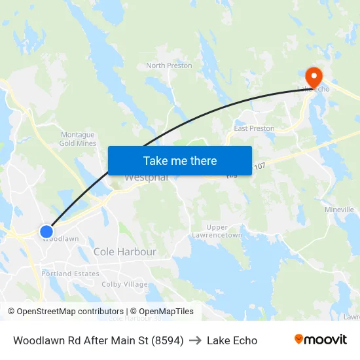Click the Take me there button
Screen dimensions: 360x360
pyautogui.click(x=179, y=160)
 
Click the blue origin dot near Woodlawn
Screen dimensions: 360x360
pyautogui.click(x=46, y=232)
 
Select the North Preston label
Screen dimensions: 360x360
pyautogui.click(x=169, y=65)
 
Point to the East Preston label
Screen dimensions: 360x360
pyautogui.click(x=254, y=128)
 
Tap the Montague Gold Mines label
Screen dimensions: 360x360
pyautogui.click(x=77, y=139)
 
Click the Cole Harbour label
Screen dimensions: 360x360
pyautogui.click(x=124, y=251)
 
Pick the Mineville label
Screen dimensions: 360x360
pyautogui.click(x=339, y=209)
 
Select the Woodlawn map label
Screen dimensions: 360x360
pyautogui.click(x=62, y=240)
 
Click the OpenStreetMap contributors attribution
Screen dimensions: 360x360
pyautogui.click(x=65, y=312)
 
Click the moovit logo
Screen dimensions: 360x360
pyautogui.click(x=320, y=340)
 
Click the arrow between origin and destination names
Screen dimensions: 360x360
pyautogui.click(x=195, y=340)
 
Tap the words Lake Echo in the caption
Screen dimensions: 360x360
pyautogui.click(x=232, y=340)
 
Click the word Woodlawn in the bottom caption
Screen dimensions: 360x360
pyautogui.click(x=39, y=340)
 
